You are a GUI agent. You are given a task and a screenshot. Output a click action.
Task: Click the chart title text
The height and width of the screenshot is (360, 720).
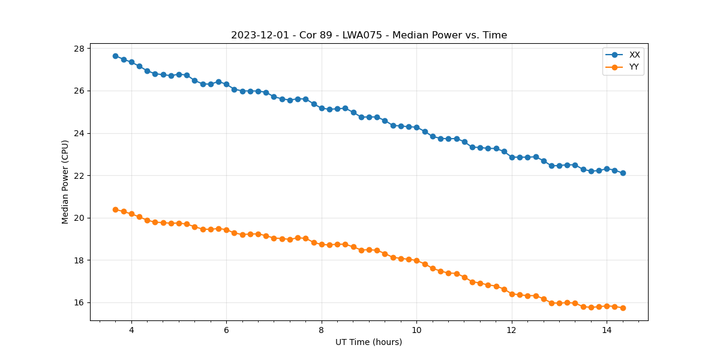(369, 35)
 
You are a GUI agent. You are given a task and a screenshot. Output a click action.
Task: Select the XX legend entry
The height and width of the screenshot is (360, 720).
(634, 55)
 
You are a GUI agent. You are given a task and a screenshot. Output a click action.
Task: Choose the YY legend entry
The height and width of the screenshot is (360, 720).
(634, 67)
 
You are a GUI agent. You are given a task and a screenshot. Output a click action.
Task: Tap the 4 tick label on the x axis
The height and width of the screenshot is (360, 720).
(131, 329)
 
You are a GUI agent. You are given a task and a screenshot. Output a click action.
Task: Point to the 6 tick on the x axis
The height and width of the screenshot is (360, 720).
(226, 329)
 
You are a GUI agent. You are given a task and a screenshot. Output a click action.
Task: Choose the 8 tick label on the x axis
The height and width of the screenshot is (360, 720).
(322, 329)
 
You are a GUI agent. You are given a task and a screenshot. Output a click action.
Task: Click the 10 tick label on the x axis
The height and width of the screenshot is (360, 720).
(416, 329)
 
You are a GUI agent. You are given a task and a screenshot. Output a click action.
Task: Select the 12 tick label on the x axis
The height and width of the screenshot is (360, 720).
(512, 329)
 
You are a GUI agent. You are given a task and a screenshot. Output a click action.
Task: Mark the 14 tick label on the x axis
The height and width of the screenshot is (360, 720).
(607, 329)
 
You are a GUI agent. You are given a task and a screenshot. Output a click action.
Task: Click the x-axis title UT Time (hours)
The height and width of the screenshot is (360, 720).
(369, 342)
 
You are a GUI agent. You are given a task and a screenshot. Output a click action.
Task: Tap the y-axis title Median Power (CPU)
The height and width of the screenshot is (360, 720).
(65, 182)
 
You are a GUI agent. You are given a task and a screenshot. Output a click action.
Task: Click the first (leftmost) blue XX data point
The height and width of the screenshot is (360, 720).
(115, 56)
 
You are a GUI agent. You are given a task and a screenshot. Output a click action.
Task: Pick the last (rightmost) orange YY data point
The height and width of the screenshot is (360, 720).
(623, 308)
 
